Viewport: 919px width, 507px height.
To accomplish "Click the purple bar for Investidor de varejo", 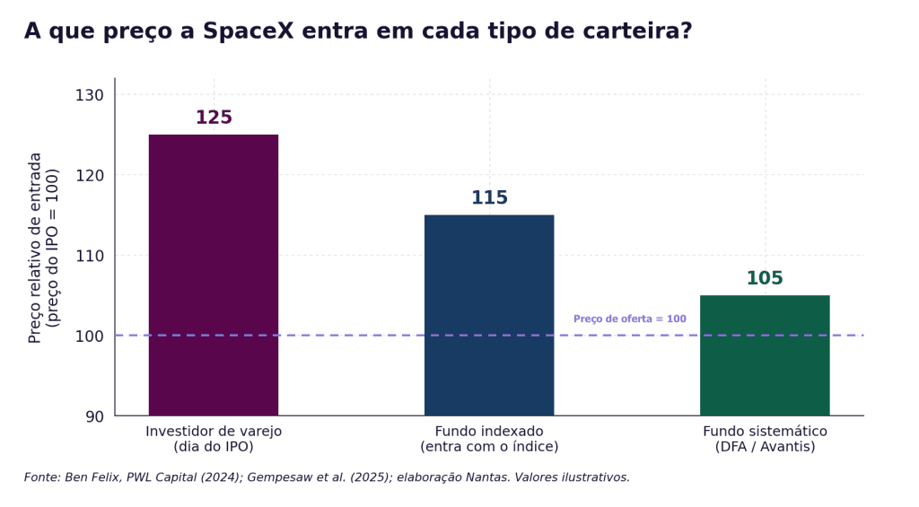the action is [x=214, y=275].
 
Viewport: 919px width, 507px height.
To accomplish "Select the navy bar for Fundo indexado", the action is [x=489, y=315].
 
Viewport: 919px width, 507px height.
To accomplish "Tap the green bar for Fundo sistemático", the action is [x=765, y=355].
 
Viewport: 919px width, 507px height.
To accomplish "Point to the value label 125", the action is [x=214, y=118].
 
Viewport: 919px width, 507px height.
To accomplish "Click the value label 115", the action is [x=489, y=197].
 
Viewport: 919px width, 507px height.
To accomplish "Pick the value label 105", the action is [x=765, y=278].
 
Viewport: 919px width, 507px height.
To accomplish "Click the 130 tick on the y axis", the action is [x=89, y=95].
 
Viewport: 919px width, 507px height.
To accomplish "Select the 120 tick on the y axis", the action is [x=89, y=175].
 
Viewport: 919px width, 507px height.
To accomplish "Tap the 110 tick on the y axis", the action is [x=89, y=256].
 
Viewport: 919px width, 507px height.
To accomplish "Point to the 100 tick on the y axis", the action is [x=89, y=336].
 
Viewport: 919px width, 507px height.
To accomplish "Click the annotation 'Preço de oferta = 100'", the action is [x=629, y=319].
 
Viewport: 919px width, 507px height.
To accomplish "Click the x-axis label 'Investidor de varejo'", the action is [x=214, y=432].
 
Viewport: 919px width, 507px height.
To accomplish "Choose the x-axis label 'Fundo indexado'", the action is [x=489, y=432].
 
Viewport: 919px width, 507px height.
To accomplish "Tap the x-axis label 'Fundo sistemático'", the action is [x=765, y=432].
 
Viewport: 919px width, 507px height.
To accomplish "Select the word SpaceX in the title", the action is [x=249, y=31].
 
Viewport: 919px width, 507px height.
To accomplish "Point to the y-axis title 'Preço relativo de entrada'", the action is [x=35, y=248].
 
